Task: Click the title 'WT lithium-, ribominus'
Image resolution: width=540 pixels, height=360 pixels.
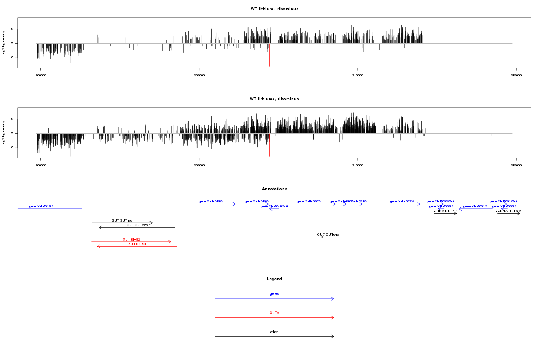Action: click(x=274, y=9)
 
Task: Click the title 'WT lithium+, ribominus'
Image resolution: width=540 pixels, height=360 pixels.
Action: click(x=274, y=99)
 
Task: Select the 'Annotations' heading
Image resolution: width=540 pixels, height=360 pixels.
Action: click(x=274, y=189)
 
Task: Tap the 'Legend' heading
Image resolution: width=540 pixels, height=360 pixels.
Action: click(x=274, y=279)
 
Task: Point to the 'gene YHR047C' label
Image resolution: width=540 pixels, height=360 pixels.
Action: click(x=41, y=207)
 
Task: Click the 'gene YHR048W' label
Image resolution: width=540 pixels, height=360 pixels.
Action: click(x=211, y=202)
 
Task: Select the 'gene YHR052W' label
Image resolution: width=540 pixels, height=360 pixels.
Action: click(x=402, y=202)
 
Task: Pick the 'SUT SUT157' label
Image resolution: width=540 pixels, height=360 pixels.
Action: click(x=122, y=220)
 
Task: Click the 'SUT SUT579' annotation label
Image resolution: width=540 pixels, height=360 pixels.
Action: click(x=137, y=225)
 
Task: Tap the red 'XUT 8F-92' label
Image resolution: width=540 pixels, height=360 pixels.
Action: click(x=131, y=239)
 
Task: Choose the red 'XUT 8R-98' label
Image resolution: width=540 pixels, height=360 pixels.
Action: click(x=137, y=244)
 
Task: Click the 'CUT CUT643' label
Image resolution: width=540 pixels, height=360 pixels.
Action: click(x=328, y=234)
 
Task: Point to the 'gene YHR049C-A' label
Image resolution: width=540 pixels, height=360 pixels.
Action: click(x=274, y=207)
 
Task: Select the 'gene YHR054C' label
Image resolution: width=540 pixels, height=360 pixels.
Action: click(x=475, y=207)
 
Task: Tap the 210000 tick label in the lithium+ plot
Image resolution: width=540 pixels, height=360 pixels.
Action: click(x=357, y=166)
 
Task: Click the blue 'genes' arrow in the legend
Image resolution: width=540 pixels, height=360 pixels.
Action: click(x=274, y=299)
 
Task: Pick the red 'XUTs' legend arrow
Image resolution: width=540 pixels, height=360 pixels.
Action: click(x=274, y=318)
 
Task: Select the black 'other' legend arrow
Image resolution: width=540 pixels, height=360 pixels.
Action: click(x=274, y=337)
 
